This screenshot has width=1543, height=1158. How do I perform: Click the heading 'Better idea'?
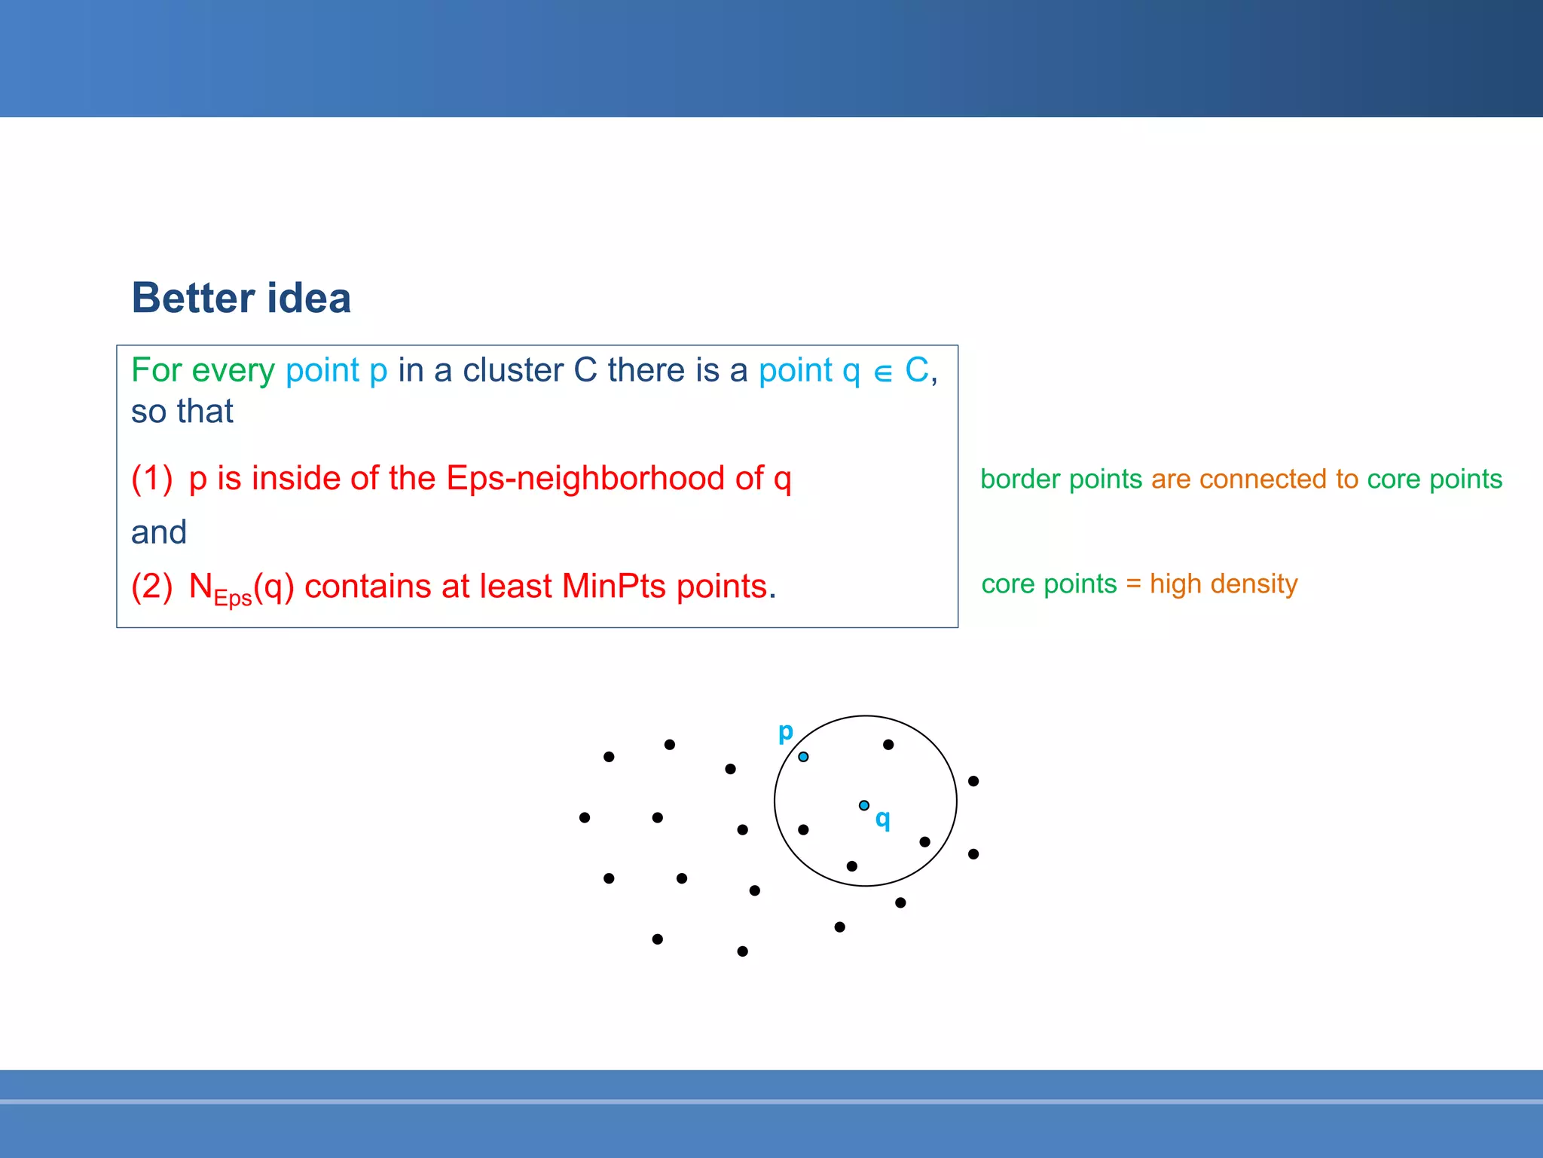(x=241, y=297)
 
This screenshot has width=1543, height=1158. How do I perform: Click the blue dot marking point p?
(x=803, y=756)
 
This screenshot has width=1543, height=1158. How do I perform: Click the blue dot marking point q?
(x=864, y=805)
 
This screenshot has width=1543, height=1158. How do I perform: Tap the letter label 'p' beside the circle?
(x=785, y=731)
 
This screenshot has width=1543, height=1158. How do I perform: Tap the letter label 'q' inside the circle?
(x=882, y=819)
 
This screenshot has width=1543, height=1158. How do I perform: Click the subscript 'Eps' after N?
(x=233, y=599)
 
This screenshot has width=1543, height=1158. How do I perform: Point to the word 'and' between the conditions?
(x=159, y=532)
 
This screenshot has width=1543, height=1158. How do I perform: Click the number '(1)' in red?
(x=152, y=478)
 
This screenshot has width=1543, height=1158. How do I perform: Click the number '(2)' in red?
(x=152, y=586)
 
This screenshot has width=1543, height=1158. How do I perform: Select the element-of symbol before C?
(x=883, y=372)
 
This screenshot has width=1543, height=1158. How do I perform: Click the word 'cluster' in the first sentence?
(x=512, y=370)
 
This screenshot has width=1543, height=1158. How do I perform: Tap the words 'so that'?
(x=182, y=412)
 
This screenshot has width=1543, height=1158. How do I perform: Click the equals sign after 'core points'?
(x=1133, y=584)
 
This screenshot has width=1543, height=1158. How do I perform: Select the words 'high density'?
(x=1224, y=584)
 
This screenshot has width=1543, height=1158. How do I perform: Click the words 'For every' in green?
(x=203, y=370)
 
